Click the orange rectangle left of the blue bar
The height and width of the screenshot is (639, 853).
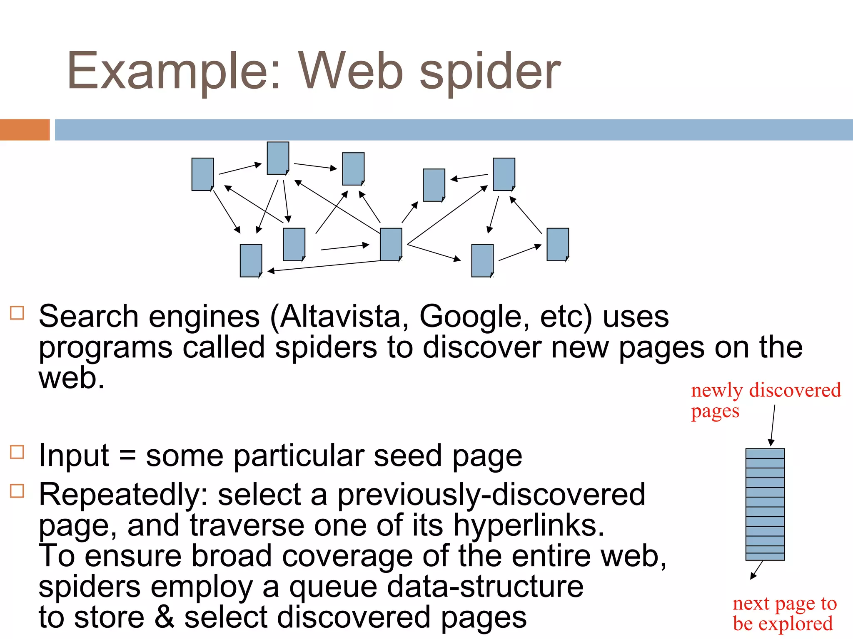tap(25, 130)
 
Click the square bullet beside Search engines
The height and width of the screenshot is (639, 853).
tap(17, 313)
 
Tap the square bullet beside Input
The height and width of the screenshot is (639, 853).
tap(17, 452)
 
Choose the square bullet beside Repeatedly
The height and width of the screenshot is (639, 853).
tap(17, 491)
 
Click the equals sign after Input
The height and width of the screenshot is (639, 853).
tap(127, 456)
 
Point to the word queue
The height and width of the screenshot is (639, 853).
tap(333, 587)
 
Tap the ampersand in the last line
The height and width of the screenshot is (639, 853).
tap(165, 617)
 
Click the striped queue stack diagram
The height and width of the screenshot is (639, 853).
tap(765, 504)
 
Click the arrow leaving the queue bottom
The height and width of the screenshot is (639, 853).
tap(756, 570)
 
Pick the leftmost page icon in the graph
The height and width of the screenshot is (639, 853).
tap(202, 174)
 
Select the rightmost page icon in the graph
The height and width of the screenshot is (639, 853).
tap(557, 244)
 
